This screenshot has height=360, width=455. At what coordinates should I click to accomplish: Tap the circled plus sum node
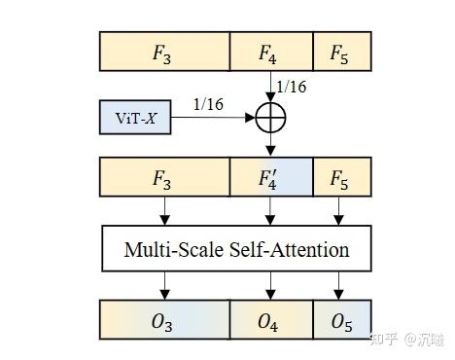(x=270, y=118)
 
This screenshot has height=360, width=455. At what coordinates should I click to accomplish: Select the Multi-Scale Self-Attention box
(x=236, y=249)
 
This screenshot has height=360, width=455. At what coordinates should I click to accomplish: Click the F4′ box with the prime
(x=270, y=181)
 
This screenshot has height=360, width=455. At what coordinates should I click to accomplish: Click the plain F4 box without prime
(x=270, y=52)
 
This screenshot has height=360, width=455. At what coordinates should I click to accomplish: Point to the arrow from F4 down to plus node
(x=270, y=88)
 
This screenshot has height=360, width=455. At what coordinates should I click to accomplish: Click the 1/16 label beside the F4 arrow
(x=291, y=88)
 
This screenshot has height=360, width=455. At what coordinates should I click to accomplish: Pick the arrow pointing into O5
(x=338, y=285)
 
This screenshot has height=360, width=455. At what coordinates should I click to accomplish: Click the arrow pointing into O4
(x=270, y=285)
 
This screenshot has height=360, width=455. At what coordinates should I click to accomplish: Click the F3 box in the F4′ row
(x=163, y=181)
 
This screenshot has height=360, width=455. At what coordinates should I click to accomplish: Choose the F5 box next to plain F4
(x=338, y=52)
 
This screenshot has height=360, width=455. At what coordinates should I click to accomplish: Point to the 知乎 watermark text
(x=386, y=339)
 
